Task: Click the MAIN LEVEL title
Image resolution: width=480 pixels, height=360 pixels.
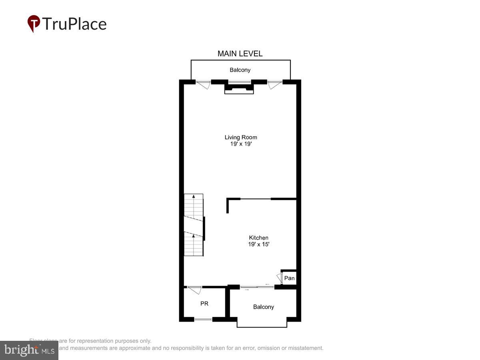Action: (240, 54)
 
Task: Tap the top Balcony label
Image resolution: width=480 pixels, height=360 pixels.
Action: (240, 70)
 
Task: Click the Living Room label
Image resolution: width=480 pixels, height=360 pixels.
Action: (241, 137)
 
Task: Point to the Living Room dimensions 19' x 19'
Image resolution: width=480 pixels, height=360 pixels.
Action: (241, 144)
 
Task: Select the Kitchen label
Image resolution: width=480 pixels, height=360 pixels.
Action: (259, 238)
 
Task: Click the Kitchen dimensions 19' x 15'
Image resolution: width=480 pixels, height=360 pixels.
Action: (259, 244)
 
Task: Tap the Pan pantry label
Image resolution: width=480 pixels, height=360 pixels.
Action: (290, 278)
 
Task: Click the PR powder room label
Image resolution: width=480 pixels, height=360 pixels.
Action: (204, 304)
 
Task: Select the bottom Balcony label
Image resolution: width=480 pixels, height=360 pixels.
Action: (264, 307)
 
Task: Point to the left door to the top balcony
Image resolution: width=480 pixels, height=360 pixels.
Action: (204, 84)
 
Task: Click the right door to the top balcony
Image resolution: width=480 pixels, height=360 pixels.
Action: (275, 84)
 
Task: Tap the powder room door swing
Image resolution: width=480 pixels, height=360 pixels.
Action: (195, 290)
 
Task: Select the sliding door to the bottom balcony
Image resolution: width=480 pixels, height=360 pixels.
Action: (257, 287)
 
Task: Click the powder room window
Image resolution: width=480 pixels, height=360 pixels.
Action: (203, 319)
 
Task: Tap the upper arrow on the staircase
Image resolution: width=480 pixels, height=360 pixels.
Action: (194, 197)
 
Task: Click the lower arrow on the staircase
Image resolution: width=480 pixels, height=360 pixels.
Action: (194, 236)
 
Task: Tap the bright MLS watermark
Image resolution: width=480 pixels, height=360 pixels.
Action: (29, 350)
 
